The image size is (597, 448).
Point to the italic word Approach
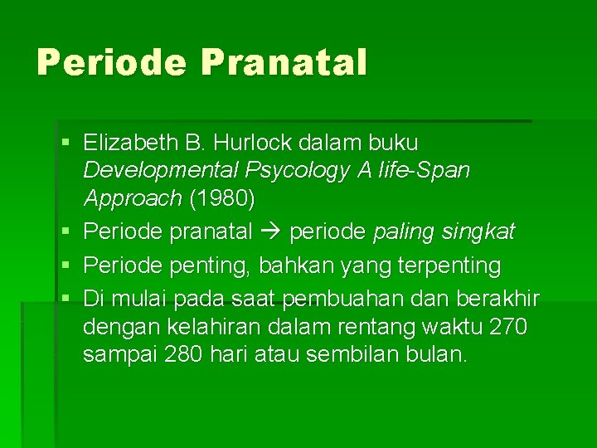click(132, 199)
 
